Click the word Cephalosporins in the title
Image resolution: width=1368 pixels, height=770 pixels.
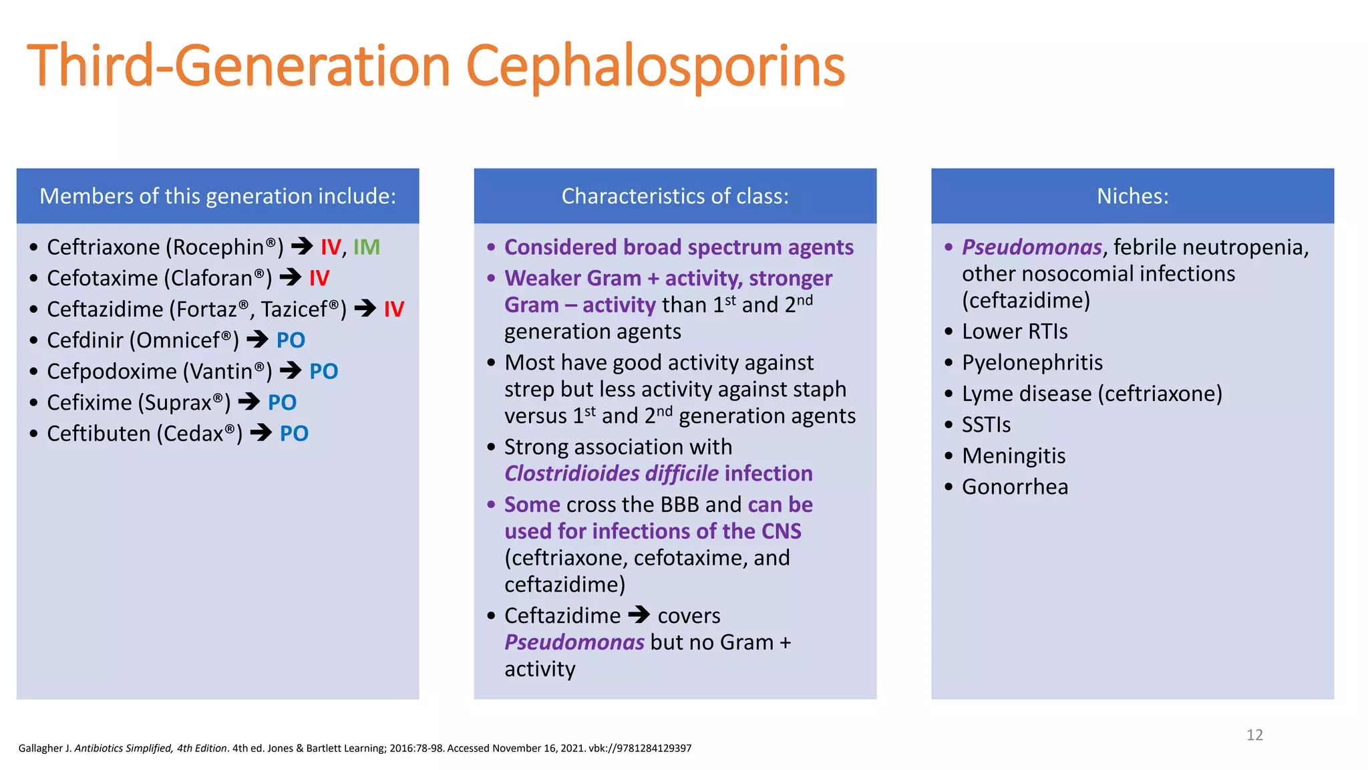click(655, 67)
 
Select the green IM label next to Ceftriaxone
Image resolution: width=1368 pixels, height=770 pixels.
click(366, 247)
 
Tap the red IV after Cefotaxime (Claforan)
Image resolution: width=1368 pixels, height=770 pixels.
click(319, 278)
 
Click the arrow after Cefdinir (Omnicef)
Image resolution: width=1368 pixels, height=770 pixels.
click(258, 340)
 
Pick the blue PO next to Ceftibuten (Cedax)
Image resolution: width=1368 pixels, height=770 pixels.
click(294, 434)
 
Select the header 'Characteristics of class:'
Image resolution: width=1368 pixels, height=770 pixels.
click(675, 196)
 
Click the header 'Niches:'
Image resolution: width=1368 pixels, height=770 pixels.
click(1132, 196)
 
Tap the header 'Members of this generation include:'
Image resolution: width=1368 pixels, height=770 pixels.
click(218, 196)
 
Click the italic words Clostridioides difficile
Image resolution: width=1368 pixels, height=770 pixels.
click(611, 474)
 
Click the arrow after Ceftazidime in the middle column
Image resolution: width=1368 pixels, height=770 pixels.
click(639, 614)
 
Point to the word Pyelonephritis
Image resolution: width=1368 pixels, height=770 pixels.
click(1032, 363)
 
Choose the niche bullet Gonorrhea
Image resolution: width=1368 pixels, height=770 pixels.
click(1015, 487)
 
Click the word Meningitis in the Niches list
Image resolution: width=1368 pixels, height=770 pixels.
click(1013, 456)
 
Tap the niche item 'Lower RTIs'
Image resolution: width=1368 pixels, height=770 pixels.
click(1014, 332)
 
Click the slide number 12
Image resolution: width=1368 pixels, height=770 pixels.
click(1254, 735)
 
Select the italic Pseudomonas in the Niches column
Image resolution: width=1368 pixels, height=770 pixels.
click(1031, 247)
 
